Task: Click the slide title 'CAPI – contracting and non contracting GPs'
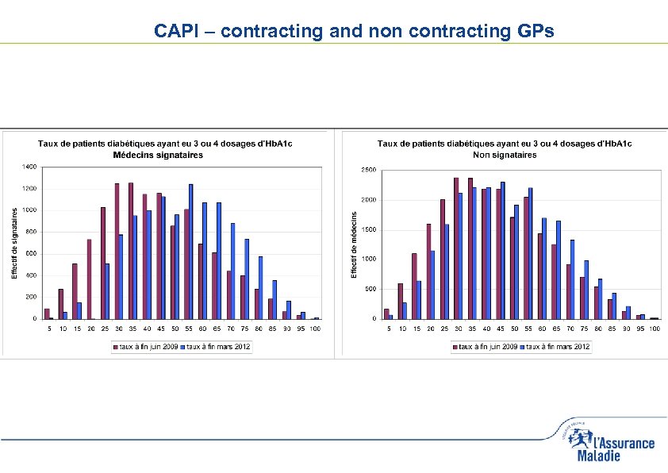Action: coord(353,31)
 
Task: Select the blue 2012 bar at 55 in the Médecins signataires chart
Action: coord(191,251)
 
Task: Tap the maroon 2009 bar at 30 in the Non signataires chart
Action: coord(456,248)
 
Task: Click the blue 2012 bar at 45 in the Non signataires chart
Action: coord(503,250)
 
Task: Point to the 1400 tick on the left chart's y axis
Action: coord(29,167)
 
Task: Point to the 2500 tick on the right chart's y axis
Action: coord(368,170)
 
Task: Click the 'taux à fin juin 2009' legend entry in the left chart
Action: coord(145,347)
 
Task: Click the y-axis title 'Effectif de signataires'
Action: coord(13,243)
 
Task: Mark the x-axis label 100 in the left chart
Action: coord(315,328)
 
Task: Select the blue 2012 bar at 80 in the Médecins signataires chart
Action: coord(261,287)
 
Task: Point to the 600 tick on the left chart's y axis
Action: coord(30,253)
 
